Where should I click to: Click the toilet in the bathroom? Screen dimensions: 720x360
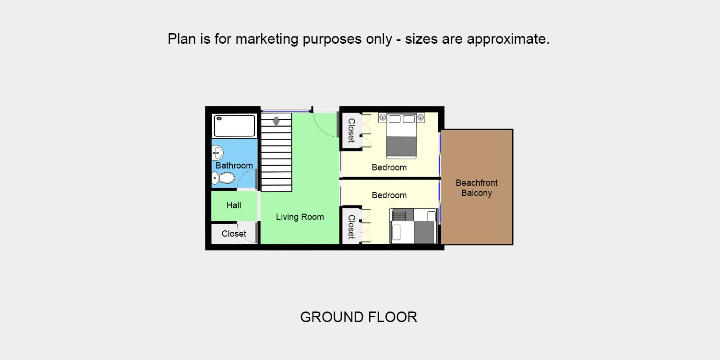click(x=223, y=178)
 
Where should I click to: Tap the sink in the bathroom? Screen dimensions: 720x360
click(x=217, y=153)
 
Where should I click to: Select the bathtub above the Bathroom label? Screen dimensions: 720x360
click(x=234, y=126)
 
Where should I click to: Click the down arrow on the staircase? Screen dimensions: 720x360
click(x=276, y=121)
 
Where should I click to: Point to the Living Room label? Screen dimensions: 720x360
click(x=300, y=217)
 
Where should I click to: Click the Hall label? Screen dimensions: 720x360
click(x=234, y=205)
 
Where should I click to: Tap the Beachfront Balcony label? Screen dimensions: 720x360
click(x=477, y=188)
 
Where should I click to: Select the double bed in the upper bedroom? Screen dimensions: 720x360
click(x=401, y=136)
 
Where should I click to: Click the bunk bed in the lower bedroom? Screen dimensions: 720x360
click(x=414, y=226)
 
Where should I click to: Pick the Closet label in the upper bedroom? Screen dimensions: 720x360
click(x=351, y=131)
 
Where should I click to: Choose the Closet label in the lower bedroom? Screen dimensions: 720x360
click(x=351, y=227)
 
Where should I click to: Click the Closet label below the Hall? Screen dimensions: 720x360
click(x=234, y=234)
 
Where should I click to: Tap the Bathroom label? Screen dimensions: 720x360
click(x=234, y=166)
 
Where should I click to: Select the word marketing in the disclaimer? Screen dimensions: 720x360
click(x=267, y=39)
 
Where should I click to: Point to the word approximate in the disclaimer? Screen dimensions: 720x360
click(x=508, y=39)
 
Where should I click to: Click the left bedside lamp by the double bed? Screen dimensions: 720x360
click(x=383, y=118)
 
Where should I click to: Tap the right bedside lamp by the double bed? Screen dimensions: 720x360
click(x=420, y=118)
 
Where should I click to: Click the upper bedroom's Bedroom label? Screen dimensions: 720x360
click(x=389, y=168)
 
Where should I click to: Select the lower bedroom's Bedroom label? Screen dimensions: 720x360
click(x=389, y=195)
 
